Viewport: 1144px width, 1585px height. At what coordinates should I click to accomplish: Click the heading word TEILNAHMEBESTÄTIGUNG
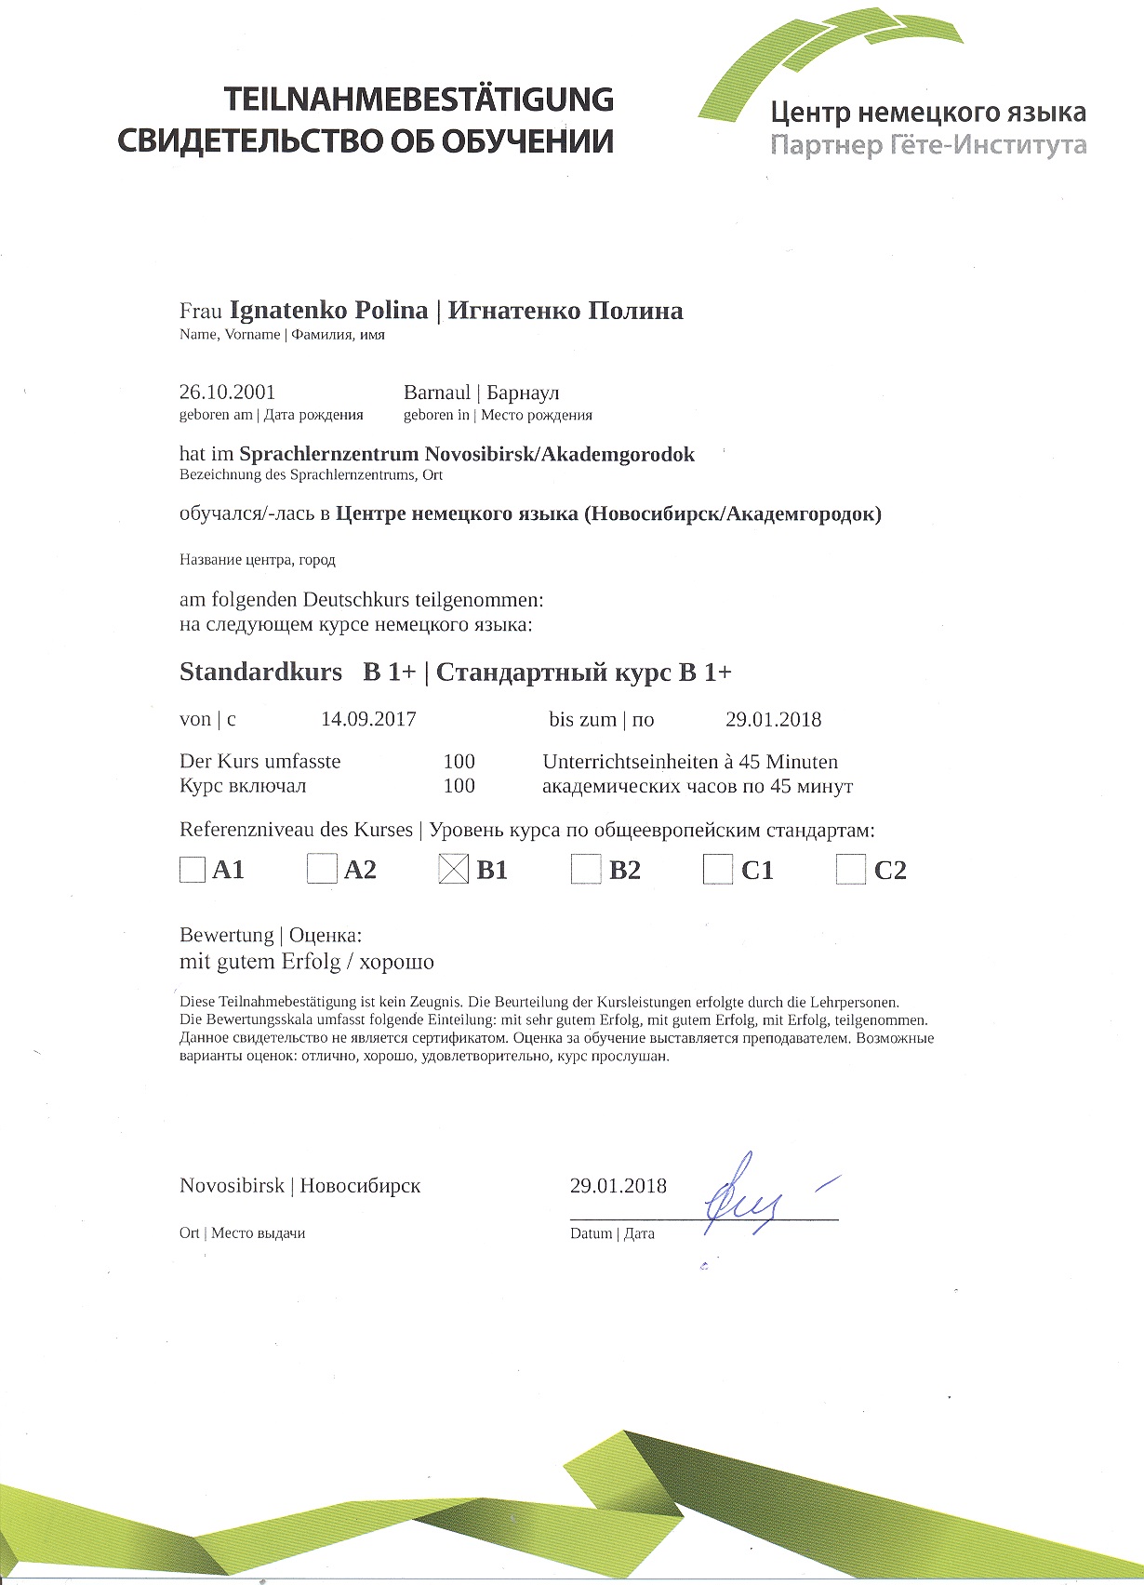(x=418, y=100)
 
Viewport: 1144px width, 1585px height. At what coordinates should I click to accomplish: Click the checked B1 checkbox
(x=453, y=870)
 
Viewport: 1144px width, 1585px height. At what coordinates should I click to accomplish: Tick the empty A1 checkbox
(x=192, y=870)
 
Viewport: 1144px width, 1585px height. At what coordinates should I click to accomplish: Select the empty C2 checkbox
(x=850, y=870)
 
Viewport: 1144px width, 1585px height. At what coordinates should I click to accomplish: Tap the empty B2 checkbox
(x=586, y=870)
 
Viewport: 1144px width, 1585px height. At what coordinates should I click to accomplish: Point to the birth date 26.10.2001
(x=227, y=393)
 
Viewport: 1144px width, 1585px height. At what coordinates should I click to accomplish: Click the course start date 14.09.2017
(x=368, y=719)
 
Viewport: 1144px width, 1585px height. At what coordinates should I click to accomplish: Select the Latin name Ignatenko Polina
(x=328, y=311)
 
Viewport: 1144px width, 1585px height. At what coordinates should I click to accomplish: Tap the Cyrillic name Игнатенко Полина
(x=565, y=311)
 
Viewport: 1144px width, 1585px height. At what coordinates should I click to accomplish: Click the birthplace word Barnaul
(x=437, y=393)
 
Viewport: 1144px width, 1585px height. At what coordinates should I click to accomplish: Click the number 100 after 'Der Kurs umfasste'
(x=459, y=762)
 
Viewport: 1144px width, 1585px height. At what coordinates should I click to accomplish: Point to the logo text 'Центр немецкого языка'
(x=927, y=113)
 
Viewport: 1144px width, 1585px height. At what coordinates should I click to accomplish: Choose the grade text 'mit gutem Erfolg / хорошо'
(x=307, y=962)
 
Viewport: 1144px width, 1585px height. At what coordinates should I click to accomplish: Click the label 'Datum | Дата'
(x=612, y=1233)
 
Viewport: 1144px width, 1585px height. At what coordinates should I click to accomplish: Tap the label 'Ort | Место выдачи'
(x=242, y=1233)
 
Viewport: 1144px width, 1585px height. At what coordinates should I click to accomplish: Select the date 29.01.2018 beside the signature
(x=619, y=1186)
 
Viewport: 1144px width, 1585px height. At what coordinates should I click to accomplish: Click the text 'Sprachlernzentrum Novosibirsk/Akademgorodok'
(x=467, y=455)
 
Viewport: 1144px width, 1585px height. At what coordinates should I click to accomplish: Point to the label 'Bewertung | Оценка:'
(x=270, y=935)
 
